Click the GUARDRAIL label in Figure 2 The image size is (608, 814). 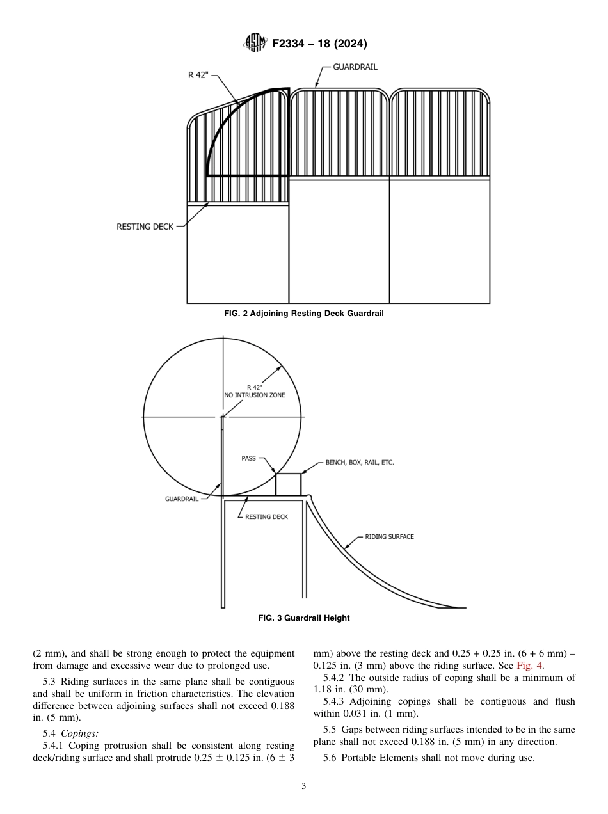pyautogui.click(x=355, y=67)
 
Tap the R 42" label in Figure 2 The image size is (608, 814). pyautogui.click(x=198, y=75)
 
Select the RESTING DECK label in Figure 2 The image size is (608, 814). pyautogui.click(x=145, y=227)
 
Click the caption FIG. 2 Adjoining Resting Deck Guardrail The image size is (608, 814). pyautogui.click(x=303, y=314)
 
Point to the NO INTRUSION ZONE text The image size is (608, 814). pyautogui.click(x=255, y=395)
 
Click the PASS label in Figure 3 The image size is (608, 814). pyautogui.click(x=248, y=458)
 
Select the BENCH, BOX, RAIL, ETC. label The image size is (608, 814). pyautogui.click(x=359, y=463)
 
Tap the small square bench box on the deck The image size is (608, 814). pyautogui.click(x=288, y=484)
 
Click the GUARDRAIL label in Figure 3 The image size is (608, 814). pyautogui.click(x=182, y=499)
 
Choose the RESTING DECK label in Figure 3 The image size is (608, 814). pyautogui.click(x=266, y=516)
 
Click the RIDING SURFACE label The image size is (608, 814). pyautogui.click(x=389, y=537)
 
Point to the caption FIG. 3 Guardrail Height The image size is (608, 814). pyautogui.click(x=303, y=618)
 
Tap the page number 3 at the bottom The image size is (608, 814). pyautogui.click(x=303, y=786)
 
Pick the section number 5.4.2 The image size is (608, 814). pyautogui.click(x=335, y=678)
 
